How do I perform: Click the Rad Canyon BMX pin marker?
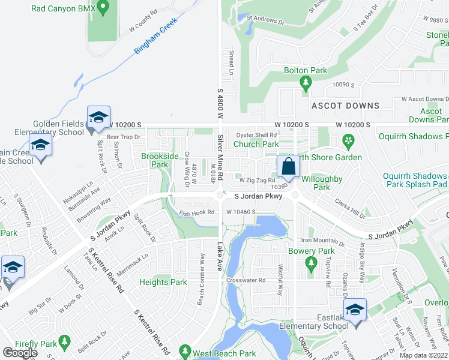pos(102,8)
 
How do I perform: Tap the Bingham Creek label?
pos(155,41)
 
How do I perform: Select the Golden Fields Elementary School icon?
pos(98,117)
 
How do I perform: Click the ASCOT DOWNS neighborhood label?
pos(345,106)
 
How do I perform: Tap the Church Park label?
pos(256,144)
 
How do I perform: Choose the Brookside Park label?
pos(160,160)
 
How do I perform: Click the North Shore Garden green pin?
pos(347,142)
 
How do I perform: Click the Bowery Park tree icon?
pos(310,262)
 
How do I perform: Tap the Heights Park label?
pos(163,282)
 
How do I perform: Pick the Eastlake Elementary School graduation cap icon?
pos(355,310)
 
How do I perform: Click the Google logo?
pos(20,352)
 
